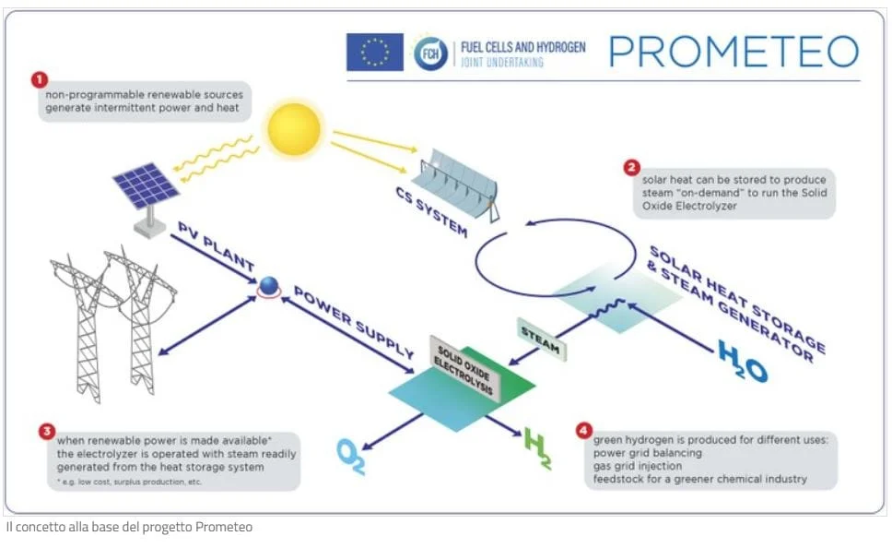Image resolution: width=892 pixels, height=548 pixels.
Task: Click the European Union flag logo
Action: coord(375,52)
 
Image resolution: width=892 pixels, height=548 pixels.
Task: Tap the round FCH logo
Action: coord(430,54)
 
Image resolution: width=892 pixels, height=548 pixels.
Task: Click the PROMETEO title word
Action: coord(734,52)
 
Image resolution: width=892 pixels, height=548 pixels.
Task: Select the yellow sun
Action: coord(294,129)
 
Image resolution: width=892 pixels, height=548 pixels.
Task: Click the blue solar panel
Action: coord(147,185)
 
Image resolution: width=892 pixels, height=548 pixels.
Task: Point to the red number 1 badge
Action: coord(40,79)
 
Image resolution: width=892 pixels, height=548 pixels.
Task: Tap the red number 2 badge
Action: coord(631,168)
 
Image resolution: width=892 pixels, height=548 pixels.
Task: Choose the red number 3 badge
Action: coord(47,431)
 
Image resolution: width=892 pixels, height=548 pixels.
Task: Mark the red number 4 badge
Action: coord(583,430)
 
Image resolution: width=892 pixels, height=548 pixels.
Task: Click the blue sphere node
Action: coord(268,286)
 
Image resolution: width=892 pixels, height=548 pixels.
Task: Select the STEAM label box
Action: coord(542,340)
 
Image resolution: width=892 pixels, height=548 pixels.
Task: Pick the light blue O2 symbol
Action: coord(351,457)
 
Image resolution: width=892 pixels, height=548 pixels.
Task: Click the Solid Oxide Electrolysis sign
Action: coord(464,368)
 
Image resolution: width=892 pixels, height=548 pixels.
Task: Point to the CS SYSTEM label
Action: coord(432,212)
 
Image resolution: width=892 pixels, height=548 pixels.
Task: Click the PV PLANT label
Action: coord(217,246)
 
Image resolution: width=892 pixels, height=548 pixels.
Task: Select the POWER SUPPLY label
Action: coord(353,322)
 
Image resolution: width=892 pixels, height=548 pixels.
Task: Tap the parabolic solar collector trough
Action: coord(455,184)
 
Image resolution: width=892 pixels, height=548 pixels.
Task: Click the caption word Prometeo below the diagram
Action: coord(224,527)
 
